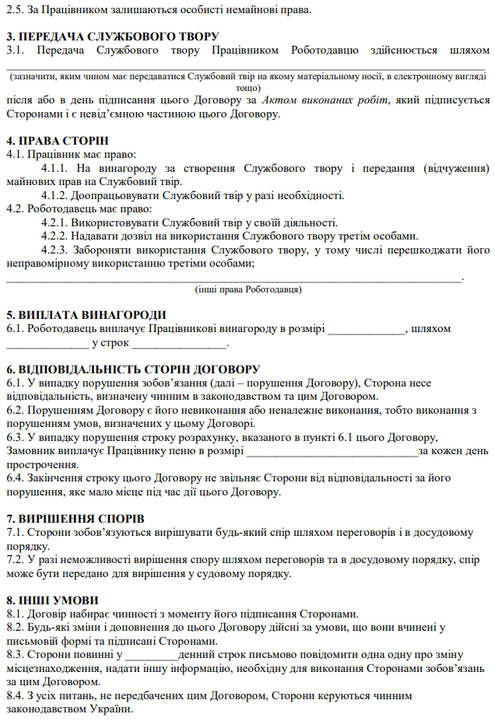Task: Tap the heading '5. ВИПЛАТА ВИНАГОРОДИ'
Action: pyautogui.click(x=86, y=315)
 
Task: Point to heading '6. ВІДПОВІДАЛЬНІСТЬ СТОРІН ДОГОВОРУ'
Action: pyautogui.click(x=133, y=369)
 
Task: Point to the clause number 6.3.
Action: pyautogui.click(x=15, y=438)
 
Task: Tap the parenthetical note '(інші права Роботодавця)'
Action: pyautogui.click(x=248, y=289)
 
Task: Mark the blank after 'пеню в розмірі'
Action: pyautogui.click(x=331, y=452)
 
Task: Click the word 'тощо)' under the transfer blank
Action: pyautogui.click(x=247, y=88)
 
